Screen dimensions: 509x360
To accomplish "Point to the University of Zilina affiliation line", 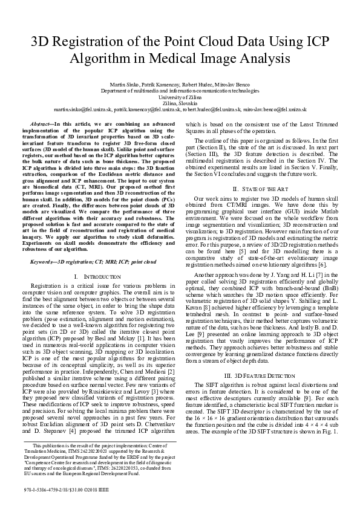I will click(x=179, y=97).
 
